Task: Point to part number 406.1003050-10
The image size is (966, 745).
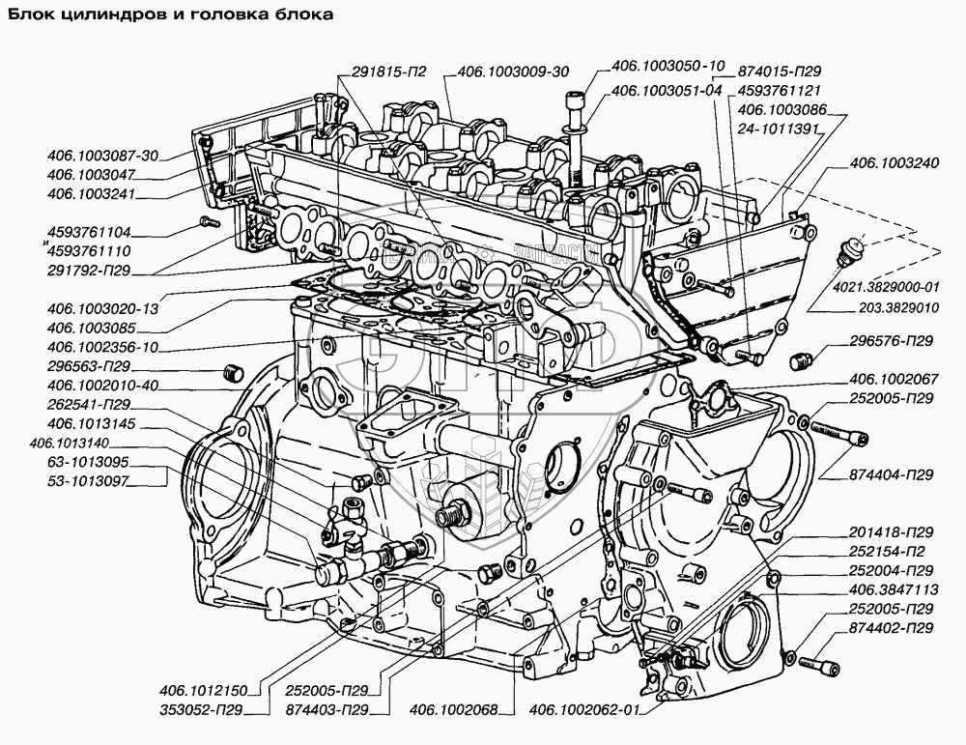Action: click(668, 68)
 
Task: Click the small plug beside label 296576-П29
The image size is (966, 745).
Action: click(799, 362)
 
